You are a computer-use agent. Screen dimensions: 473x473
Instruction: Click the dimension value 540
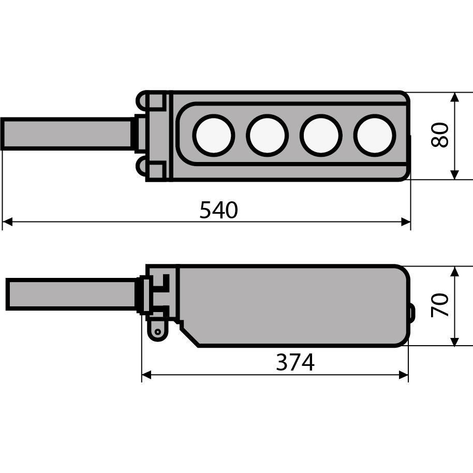click(x=219, y=210)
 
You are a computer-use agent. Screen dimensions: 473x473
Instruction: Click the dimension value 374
click(x=295, y=362)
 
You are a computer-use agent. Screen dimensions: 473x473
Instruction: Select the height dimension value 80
click(x=440, y=135)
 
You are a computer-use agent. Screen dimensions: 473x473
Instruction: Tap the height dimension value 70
click(x=440, y=305)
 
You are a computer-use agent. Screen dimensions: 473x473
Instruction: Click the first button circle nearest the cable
click(x=214, y=136)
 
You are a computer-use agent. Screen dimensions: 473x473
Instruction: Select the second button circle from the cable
click(x=267, y=136)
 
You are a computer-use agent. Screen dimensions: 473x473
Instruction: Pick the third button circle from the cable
click(x=321, y=136)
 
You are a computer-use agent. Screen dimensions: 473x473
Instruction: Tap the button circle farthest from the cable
click(x=375, y=136)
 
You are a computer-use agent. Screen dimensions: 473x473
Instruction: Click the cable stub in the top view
click(x=67, y=134)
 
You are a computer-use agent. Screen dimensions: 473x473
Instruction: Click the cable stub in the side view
click(x=71, y=294)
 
